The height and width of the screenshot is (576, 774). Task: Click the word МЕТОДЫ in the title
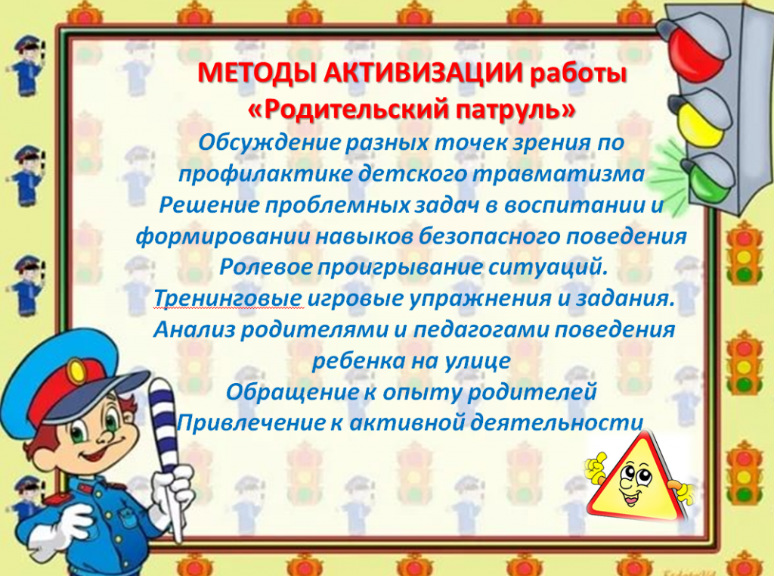257,74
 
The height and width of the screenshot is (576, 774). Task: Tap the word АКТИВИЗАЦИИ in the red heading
423,73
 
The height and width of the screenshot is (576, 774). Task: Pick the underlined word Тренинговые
228,299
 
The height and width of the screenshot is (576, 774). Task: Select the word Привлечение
250,423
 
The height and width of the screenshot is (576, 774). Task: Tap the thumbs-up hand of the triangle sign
596,468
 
